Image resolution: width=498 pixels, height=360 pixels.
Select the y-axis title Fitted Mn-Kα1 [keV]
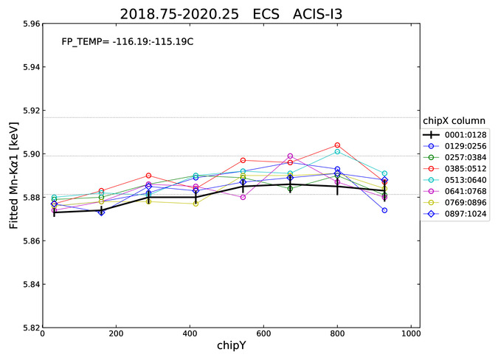[14, 176]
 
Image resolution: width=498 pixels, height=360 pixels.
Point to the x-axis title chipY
[232, 345]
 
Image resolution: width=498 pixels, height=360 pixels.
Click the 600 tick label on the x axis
[263, 333]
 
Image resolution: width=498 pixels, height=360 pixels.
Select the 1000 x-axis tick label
[411, 333]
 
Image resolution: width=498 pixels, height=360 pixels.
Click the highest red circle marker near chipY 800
[337, 145]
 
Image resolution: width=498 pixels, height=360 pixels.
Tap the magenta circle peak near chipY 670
[290, 156]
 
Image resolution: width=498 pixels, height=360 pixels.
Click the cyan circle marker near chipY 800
[337, 152]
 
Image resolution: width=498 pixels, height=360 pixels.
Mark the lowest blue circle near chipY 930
[384, 210]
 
